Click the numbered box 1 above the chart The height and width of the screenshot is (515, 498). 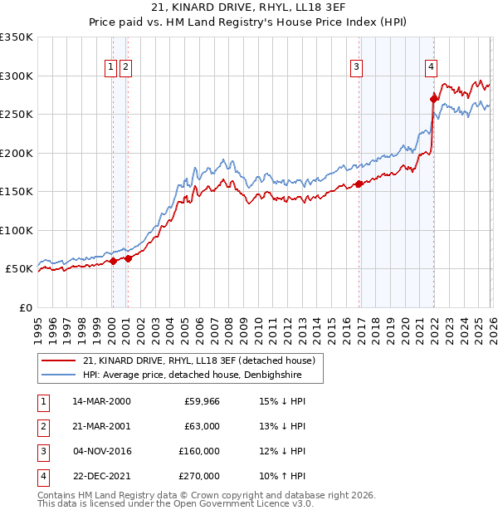[x=110, y=68]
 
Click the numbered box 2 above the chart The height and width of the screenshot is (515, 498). [x=125, y=68]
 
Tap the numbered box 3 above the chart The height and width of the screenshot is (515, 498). [x=356, y=68]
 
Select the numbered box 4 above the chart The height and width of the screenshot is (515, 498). [x=432, y=68]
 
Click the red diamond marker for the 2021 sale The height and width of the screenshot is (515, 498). [x=433, y=99]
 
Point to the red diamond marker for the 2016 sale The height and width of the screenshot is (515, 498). [x=359, y=184]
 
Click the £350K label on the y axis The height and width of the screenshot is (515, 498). [x=17, y=37]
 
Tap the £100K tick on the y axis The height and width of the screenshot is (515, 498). [x=17, y=230]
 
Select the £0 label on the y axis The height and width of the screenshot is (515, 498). [x=25, y=307]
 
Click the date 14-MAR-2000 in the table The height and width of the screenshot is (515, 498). [x=101, y=401]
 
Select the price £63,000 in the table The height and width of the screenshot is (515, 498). [x=202, y=426]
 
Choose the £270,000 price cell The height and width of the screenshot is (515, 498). [x=199, y=476]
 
